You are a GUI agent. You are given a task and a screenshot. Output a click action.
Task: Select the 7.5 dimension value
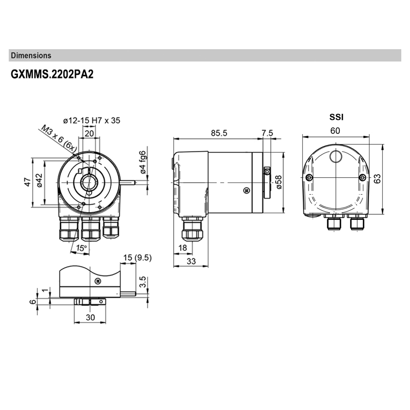pos(267,133)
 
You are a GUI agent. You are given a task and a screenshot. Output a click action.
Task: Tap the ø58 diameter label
pos(279,182)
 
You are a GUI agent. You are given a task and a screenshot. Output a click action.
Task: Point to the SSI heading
pos(336,117)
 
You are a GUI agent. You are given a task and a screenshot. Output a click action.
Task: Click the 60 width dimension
pos(335,131)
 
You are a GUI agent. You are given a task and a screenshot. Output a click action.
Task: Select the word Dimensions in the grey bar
pos(31,55)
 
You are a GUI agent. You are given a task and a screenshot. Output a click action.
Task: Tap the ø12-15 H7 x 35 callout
pos(92,120)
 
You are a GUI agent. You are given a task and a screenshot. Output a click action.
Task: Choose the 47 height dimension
pos(29,182)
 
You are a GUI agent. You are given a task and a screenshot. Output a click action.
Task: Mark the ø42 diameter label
pos(39,180)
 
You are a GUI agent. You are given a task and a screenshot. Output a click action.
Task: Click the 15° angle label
pos(81,248)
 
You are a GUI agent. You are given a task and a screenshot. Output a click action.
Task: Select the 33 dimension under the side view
pos(191,261)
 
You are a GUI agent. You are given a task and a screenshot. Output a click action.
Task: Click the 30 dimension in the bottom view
pos(90,317)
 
